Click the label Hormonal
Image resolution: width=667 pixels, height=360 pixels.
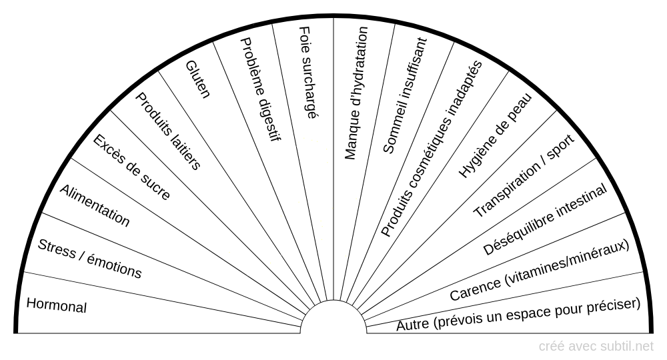(x=57, y=305)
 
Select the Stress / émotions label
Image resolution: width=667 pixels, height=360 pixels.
(x=89, y=259)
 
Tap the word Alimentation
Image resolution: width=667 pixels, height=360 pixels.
(x=95, y=205)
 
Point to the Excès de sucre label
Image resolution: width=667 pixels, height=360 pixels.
(x=131, y=167)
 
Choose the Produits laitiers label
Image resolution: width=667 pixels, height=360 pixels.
(x=168, y=131)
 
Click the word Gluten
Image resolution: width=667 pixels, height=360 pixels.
(x=197, y=79)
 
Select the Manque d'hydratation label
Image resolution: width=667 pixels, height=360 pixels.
(x=356, y=93)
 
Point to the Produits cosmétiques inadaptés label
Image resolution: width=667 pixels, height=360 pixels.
(x=431, y=148)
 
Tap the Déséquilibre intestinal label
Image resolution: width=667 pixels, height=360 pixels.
(x=545, y=220)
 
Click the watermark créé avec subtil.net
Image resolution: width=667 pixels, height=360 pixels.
(x=596, y=346)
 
